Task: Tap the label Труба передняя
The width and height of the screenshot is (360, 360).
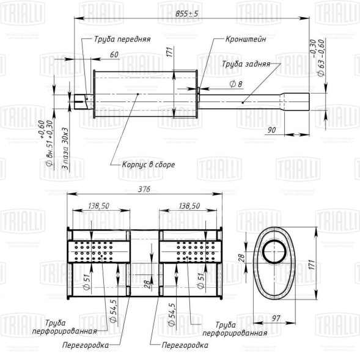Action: click(x=122, y=39)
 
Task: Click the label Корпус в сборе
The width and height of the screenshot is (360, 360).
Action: click(x=149, y=165)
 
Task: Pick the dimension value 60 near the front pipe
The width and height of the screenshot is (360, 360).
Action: click(x=114, y=55)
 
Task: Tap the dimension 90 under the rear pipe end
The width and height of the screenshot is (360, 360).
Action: click(x=272, y=130)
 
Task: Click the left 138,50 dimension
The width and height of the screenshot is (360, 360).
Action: click(x=98, y=207)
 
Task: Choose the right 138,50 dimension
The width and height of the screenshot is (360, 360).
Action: click(x=189, y=207)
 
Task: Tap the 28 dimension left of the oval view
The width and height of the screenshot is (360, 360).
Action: click(x=241, y=259)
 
